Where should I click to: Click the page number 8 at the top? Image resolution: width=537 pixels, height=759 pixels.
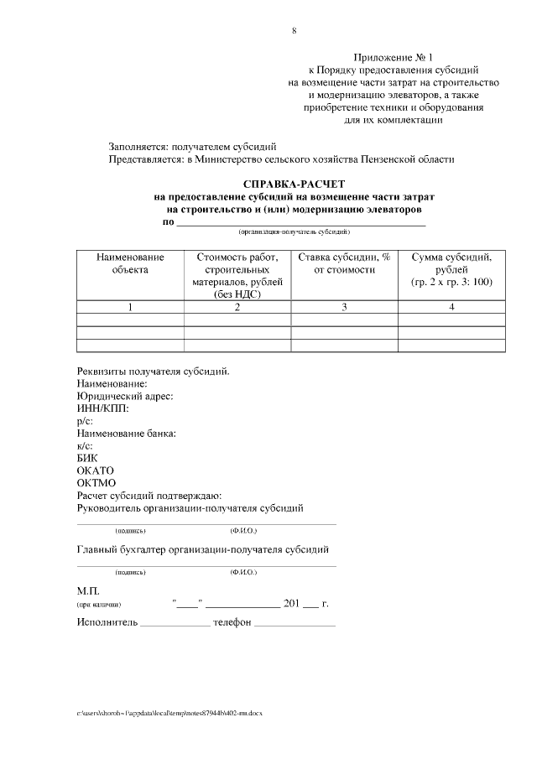click(294, 31)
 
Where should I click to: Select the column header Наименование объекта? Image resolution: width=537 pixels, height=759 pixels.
click(130, 263)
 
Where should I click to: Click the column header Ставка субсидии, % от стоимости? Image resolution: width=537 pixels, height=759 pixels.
click(344, 263)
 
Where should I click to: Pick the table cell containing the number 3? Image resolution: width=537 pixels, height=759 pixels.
click(344, 308)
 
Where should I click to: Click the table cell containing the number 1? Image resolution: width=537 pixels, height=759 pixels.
click(130, 308)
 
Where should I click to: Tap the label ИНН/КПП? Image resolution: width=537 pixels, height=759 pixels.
click(103, 409)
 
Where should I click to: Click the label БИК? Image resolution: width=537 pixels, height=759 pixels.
click(87, 458)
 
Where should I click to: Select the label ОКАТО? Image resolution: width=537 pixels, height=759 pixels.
click(95, 470)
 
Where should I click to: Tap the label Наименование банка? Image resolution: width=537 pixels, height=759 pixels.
click(126, 434)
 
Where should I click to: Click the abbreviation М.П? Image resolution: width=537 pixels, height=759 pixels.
click(88, 590)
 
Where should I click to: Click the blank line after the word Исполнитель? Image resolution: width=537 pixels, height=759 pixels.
click(175, 624)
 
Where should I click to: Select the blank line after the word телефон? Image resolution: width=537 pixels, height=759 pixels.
click(295, 624)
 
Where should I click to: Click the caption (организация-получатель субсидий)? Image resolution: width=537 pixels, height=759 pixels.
click(294, 231)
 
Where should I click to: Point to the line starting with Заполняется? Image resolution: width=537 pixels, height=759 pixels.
click(193, 146)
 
